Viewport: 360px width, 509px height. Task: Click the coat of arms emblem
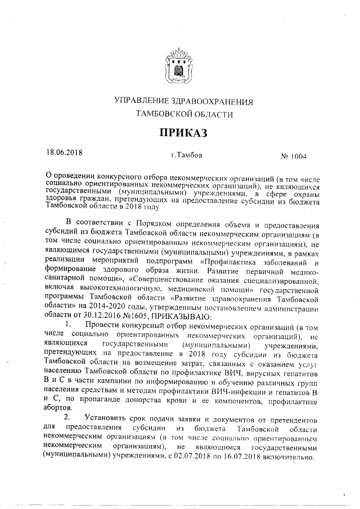[x=179, y=66]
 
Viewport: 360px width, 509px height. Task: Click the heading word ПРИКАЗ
[x=179, y=133]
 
